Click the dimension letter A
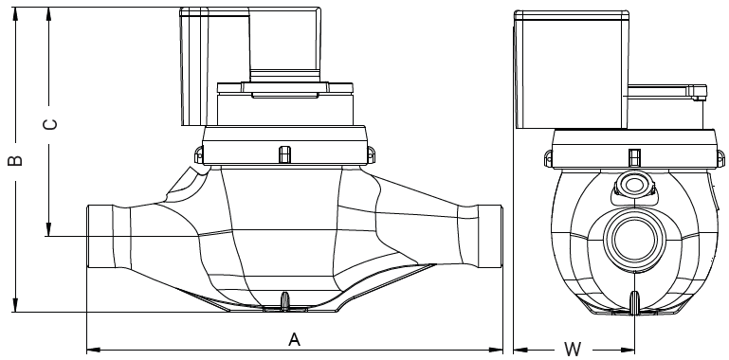pos(294,339)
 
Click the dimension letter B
pos(15,160)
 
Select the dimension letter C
pos(50,124)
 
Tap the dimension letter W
pos(573,349)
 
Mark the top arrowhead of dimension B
pos(15,14)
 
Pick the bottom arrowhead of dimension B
pos(15,305)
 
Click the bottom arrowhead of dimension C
pos(48,229)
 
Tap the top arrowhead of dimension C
pos(48,14)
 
